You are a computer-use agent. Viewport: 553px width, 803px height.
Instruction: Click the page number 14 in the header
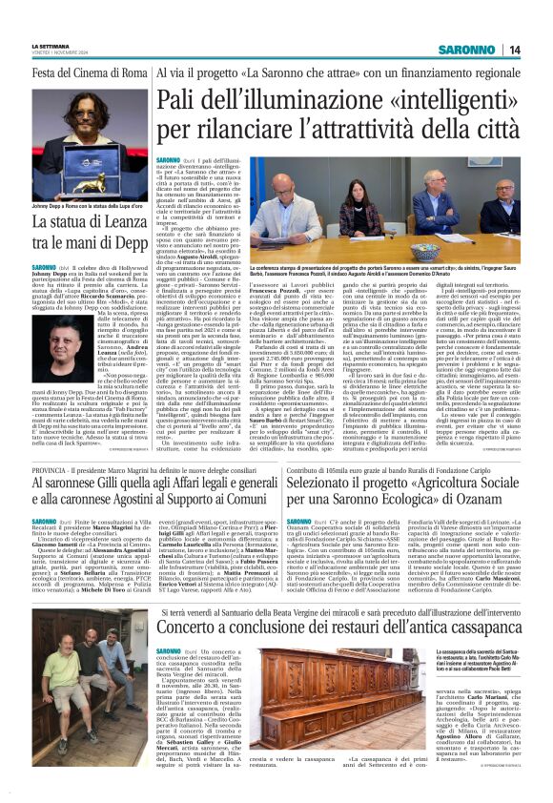(514, 50)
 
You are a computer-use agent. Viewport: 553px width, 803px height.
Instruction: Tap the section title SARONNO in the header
(468, 50)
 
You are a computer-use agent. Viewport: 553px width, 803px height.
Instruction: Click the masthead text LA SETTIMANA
(51, 46)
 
